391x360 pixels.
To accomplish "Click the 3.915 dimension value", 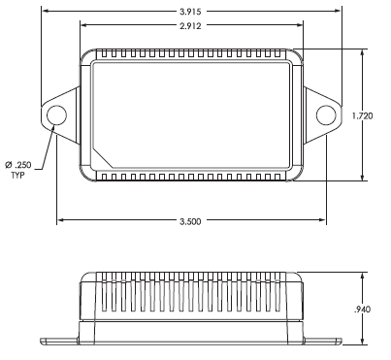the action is (190, 12).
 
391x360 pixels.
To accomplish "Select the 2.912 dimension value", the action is (190, 25).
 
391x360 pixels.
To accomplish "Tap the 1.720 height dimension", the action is (363, 115).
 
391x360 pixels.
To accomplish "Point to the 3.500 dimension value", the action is (190, 221).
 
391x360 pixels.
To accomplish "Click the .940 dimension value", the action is (362, 310).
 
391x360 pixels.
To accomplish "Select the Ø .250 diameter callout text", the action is (18, 165).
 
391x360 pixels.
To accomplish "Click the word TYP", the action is (18, 176).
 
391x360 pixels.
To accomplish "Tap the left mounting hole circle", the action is (56, 115).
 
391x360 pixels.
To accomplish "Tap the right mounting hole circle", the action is (326, 115).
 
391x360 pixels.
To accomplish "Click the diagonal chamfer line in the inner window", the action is (103, 157).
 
